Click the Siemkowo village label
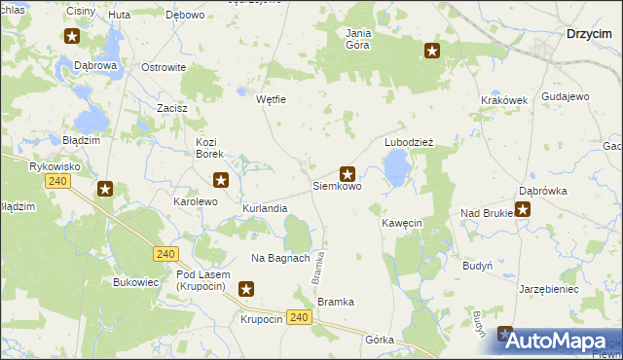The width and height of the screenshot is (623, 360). (x=337, y=185)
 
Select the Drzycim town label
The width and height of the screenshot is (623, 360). (x=589, y=33)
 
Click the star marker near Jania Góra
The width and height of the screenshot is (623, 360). (x=432, y=52)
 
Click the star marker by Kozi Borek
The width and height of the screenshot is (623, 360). (x=221, y=179)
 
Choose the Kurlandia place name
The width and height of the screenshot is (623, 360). (x=265, y=209)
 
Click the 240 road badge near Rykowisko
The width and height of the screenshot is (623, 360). (x=58, y=181)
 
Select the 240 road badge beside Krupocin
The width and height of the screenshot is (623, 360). (x=300, y=318)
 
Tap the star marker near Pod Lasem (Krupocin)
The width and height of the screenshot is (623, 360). (x=246, y=288)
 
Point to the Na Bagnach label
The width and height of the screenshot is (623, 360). (x=280, y=258)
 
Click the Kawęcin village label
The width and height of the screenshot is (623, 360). (x=401, y=223)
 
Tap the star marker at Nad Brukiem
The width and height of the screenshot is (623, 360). (x=523, y=208)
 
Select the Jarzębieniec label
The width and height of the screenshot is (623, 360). (x=549, y=289)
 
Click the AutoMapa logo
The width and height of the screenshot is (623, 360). (x=557, y=341)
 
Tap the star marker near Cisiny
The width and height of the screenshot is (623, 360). (x=73, y=38)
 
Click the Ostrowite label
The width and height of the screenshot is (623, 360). (x=164, y=67)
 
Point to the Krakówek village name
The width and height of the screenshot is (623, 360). (x=503, y=100)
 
